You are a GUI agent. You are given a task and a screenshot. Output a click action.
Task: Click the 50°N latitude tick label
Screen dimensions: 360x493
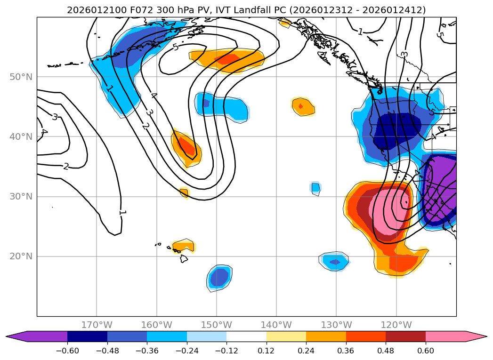pyautogui.click(x=21, y=77)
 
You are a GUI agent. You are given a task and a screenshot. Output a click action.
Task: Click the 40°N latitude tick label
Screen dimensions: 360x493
pyautogui.click(x=21, y=136)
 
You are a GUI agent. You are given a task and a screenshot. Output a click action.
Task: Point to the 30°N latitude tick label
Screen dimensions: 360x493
pyautogui.click(x=21, y=196)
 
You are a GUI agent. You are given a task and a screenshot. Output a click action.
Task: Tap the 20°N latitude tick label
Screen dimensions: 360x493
pyautogui.click(x=21, y=256)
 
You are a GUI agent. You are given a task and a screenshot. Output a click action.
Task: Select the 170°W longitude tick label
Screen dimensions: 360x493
pyautogui.click(x=97, y=325)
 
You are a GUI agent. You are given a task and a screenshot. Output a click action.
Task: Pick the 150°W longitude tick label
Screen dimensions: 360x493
pyautogui.click(x=217, y=325)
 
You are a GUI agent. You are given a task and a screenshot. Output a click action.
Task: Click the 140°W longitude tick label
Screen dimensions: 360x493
pyautogui.click(x=276, y=325)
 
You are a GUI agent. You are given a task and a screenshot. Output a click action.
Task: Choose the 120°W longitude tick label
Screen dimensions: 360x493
pyautogui.click(x=396, y=325)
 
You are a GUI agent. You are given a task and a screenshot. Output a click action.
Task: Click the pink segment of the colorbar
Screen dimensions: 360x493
pyautogui.click(x=445, y=336)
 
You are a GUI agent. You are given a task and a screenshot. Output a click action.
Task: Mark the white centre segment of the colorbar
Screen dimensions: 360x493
pyautogui.click(x=246, y=336)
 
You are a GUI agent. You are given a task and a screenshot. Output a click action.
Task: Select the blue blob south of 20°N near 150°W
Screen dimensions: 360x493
pyautogui.click(x=219, y=277)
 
